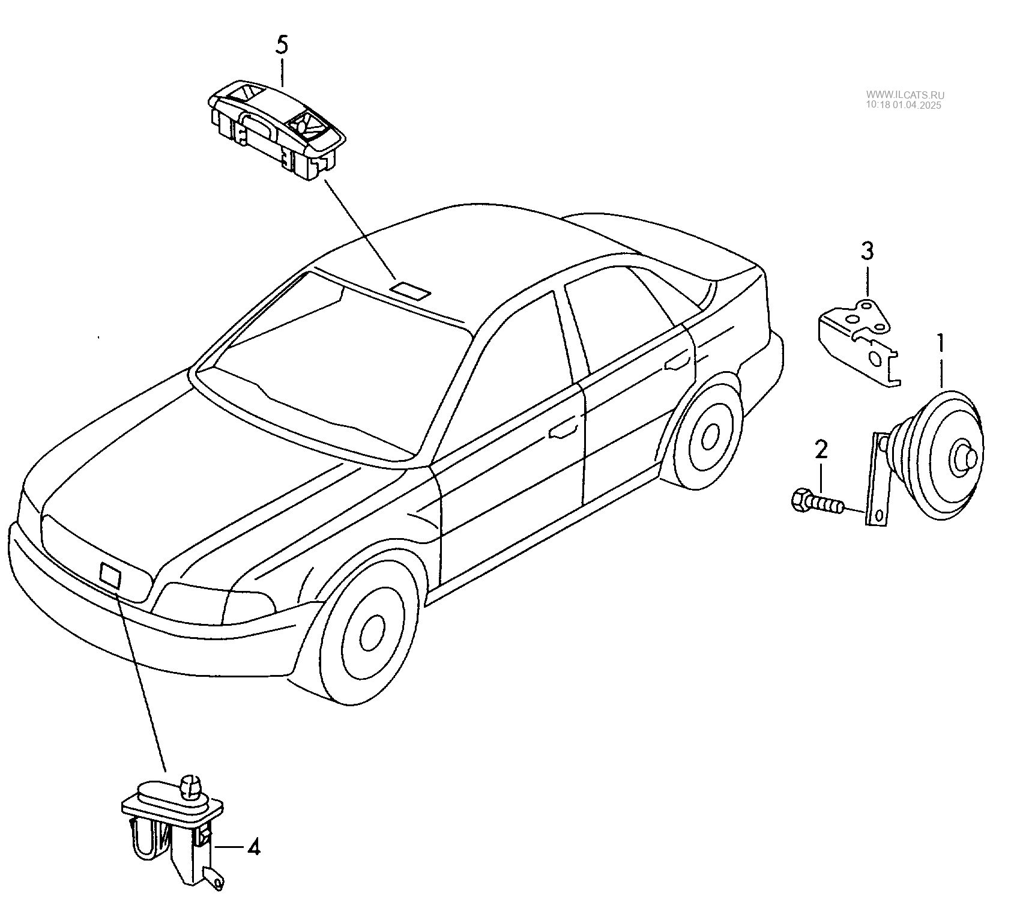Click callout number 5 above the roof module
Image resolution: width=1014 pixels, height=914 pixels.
coord(282,46)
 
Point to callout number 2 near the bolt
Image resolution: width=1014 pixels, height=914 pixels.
coord(821,449)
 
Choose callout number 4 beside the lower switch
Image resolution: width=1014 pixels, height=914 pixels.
coord(254,848)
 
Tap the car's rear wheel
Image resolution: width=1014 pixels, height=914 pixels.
coord(709,435)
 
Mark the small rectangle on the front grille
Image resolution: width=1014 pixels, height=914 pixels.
coord(110,574)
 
